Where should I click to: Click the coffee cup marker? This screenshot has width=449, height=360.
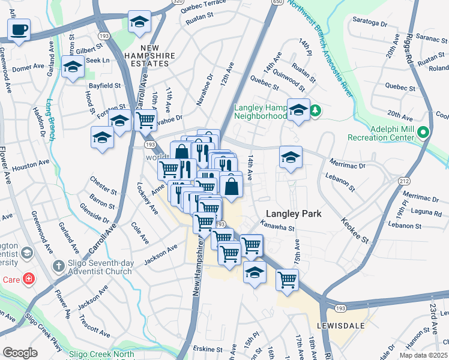19,30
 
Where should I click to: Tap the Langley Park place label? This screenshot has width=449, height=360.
294,214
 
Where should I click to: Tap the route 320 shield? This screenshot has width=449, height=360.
176,2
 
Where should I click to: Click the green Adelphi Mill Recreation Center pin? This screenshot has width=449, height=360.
424,132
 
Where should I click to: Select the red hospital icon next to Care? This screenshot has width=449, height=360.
28,279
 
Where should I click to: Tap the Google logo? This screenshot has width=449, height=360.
20,353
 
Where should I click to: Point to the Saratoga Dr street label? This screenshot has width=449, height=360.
368,23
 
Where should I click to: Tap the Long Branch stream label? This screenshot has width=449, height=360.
51,119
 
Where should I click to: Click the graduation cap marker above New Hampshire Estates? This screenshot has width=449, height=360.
139,22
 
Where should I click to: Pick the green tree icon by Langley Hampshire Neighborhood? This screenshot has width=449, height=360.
315,110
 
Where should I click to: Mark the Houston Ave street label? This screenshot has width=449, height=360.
31,164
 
